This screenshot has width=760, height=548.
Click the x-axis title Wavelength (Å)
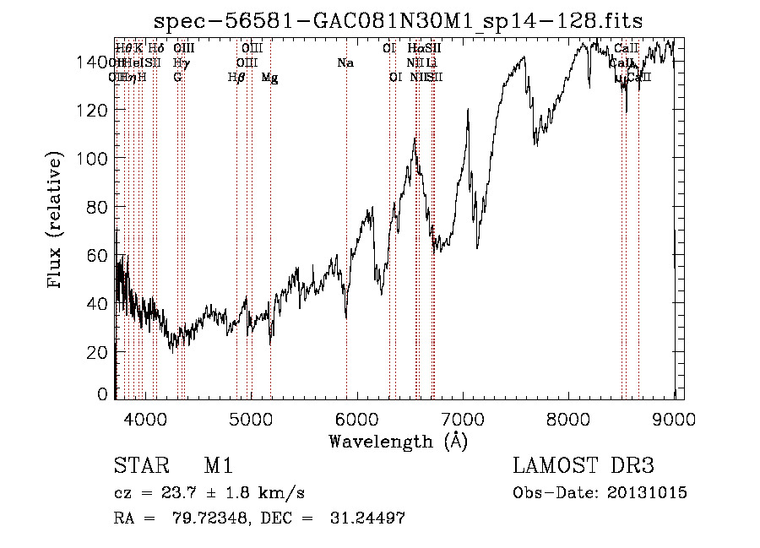(398, 441)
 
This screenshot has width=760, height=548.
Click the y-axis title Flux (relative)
(57, 221)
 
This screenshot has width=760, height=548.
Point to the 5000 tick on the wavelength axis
(251, 417)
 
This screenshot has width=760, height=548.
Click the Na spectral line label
(345, 63)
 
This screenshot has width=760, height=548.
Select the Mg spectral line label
(269, 78)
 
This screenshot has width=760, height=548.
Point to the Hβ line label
(236, 78)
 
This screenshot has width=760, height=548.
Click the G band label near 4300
(177, 78)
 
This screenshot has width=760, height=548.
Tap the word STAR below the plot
(140, 467)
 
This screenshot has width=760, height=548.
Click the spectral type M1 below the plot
(218, 467)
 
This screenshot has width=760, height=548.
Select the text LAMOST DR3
(583, 467)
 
